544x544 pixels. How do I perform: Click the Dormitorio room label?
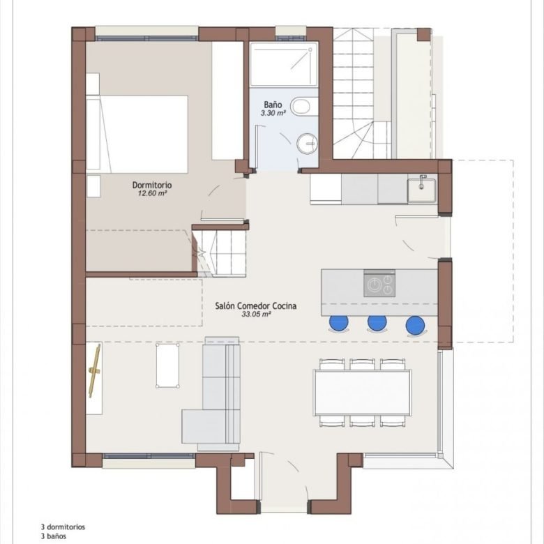click(152, 185)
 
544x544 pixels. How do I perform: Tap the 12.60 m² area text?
click(152, 194)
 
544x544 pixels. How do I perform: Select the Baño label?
click(273, 105)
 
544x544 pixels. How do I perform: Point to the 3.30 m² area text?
click(273, 113)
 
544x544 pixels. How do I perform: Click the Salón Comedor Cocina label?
click(256, 306)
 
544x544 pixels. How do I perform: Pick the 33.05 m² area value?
click(256, 315)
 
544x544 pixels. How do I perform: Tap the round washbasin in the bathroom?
click(307, 143)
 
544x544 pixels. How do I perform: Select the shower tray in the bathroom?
click(284, 64)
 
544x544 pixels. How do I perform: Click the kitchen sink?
click(422, 190)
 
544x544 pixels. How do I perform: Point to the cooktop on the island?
click(379, 283)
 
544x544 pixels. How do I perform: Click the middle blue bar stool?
click(377, 323)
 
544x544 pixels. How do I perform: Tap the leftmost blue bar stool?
click(339, 323)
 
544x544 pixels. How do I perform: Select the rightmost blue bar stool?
click(415, 325)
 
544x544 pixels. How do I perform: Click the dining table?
click(363, 393)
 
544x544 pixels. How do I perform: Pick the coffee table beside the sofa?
click(167, 365)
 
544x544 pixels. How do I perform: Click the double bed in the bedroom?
click(137, 135)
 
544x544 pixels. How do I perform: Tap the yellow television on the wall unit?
click(94, 370)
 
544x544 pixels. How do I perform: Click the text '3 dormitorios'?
click(63, 527)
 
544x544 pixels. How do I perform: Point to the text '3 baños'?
click(54, 536)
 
